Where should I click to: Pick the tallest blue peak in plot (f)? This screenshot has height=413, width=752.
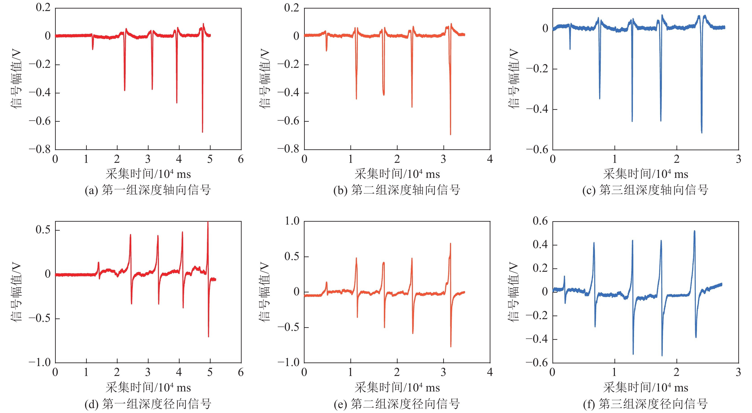[x=694, y=231]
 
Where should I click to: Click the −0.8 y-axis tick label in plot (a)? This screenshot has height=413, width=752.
[x=40, y=149]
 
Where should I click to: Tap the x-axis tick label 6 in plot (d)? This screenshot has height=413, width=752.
[x=241, y=372]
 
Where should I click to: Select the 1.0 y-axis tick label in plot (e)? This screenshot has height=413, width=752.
[x=292, y=221]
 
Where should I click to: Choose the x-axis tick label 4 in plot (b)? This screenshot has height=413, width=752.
[x=490, y=159]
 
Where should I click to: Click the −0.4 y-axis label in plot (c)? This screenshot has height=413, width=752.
[x=537, y=109]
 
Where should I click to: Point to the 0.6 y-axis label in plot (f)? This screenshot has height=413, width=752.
[x=540, y=221]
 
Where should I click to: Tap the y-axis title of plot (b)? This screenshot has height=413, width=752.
[x=265, y=79]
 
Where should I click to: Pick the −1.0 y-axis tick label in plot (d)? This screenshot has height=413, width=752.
[x=40, y=362]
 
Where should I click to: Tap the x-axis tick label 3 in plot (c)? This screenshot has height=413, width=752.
[x=739, y=159]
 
